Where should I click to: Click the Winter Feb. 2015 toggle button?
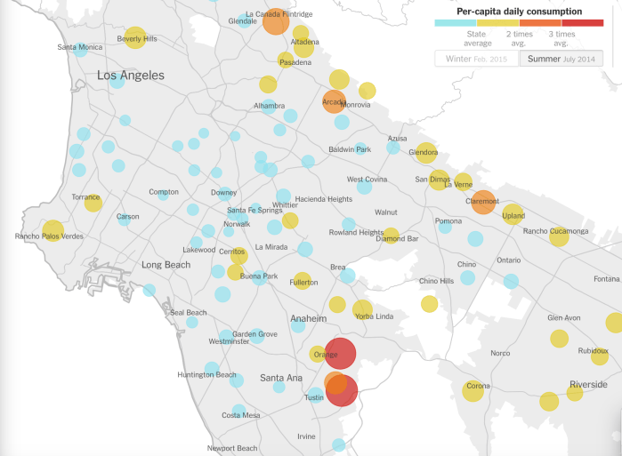(x=476, y=59)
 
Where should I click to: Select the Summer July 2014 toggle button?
(x=561, y=59)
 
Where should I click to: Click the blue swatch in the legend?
(x=455, y=23)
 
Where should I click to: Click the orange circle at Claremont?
(x=483, y=202)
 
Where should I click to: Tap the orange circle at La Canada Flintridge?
(x=276, y=20)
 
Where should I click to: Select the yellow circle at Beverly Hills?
(x=135, y=36)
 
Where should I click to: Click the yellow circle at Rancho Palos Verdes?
(x=53, y=231)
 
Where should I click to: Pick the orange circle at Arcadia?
(x=334, y=100)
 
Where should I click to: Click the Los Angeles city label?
(x=131, y=76)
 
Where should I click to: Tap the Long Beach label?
(x=166, y=265)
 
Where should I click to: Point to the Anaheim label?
(x=309, y=318)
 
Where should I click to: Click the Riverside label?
(x=588, y=385)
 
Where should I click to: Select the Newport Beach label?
(x=232, y=448)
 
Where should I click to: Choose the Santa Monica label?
(x=79, y=47)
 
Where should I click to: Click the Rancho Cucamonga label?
(x=555, y=232)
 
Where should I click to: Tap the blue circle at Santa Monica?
(x=80, y=50)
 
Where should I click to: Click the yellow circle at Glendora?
(x=426, y=152)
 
